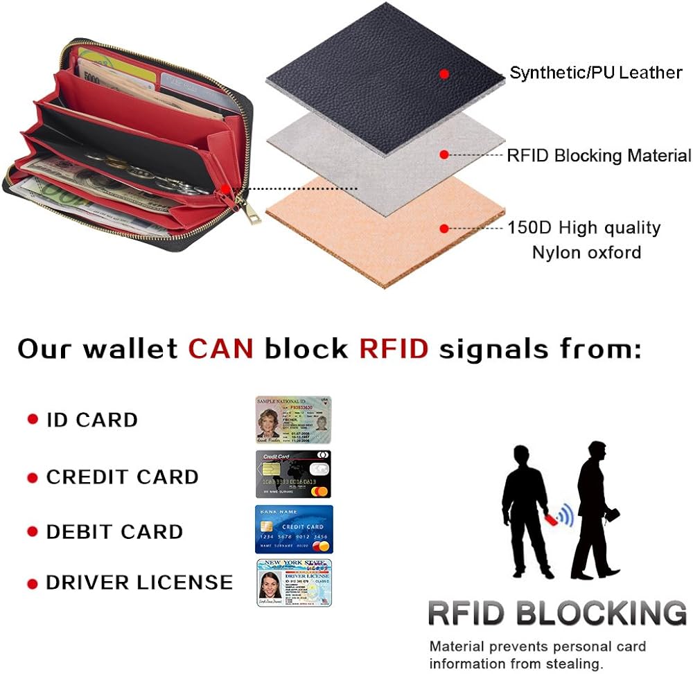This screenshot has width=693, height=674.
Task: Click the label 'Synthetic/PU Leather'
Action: pyautogui.click(x=596, y=73)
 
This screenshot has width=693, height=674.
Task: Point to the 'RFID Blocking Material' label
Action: pyautogui.click(x=599, y=155)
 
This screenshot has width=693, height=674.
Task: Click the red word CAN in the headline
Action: pyautogui.click(x=220, y=348)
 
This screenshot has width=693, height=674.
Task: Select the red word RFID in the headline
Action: pyautogui.click(x=394, y=348)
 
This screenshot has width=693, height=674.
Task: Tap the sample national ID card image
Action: pyautogui.click(x=293, y=419)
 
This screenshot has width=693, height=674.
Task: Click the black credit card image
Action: pyautogui.click(x=293, y=474)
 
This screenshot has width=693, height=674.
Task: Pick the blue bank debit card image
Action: pyautogui.click(x=294, y=529)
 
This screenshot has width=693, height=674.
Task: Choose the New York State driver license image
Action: pyautogui.click(x=294, y=583)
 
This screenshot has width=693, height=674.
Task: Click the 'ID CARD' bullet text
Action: pyautogui.click(x=91, y=420)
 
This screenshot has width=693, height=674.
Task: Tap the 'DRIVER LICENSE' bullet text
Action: pyautogui.click(x=139, y=583)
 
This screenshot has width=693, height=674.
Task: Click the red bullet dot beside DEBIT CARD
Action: pyautogui.click(x=32, y=532)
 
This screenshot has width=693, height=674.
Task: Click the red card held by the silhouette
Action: pyautogui.click(x=550, y=519)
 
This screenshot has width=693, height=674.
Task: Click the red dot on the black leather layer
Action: pyautogui.click(x=444, y=73)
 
